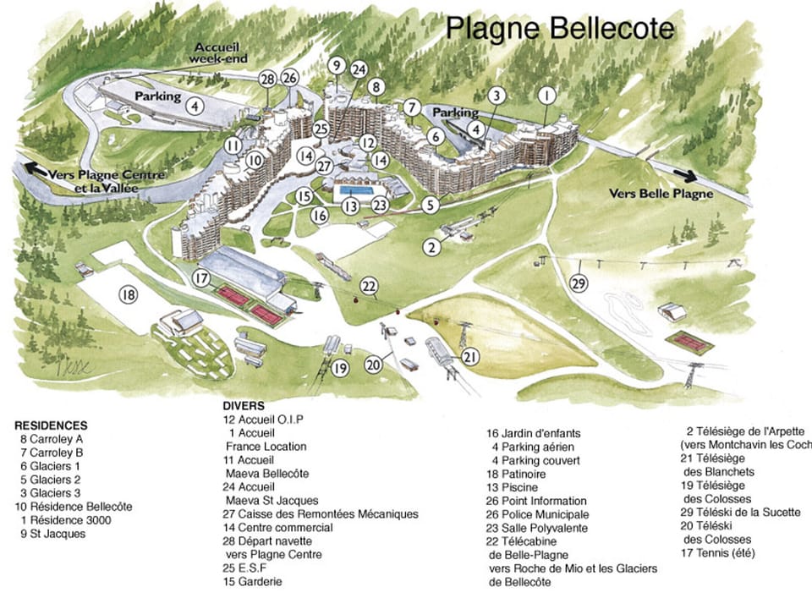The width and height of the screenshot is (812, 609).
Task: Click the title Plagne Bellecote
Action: click(x=560, y=28)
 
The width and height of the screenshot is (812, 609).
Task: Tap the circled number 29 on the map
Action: click(x=579, y=284)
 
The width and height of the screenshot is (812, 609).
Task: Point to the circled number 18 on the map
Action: click(x=128, y=295)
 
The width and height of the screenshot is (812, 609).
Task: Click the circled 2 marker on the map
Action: click(x=432, y=247)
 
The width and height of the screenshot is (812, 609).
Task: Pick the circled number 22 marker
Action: click(x=369, y=285)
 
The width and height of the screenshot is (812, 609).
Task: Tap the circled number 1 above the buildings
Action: click(x=547, y=94)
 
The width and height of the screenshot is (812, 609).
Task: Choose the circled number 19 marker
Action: click(x=340, y=368)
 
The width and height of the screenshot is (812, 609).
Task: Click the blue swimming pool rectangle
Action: click(x=356, y=191)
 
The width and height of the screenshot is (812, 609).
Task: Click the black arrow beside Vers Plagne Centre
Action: click(x=36, y=168)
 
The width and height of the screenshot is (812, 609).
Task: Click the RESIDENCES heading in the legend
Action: click(x=51, y=425)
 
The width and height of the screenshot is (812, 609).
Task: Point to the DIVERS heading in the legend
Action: click(x=244, y=406)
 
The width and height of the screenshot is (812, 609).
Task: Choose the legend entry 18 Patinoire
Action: click(x=524, y=474)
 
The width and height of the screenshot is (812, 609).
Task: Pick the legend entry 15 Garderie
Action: click(x=253, y=581)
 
